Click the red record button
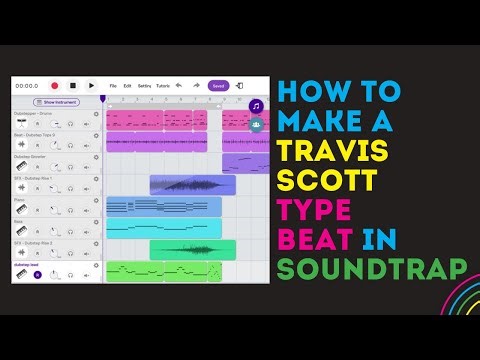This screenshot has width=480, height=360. tap(55, 86)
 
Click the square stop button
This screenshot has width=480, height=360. tap(73, 86)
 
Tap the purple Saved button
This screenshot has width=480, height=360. tap(218, 86)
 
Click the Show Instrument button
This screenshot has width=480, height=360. tap(58, 102)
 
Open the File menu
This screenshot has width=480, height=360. tap(113, 86)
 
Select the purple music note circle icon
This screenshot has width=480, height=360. tap(257, 106)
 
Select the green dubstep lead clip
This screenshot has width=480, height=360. tap(164, 271)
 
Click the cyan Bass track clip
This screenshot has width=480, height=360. tap(164, 228)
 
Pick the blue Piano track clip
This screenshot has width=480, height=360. tap(164, 206)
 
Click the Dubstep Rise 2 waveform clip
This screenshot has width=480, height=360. tap(193, 249)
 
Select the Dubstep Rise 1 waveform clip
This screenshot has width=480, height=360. tap(193, 185)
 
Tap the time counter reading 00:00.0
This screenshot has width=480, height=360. tap(27, 86)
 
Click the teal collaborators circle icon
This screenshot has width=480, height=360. tap(257, 124)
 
